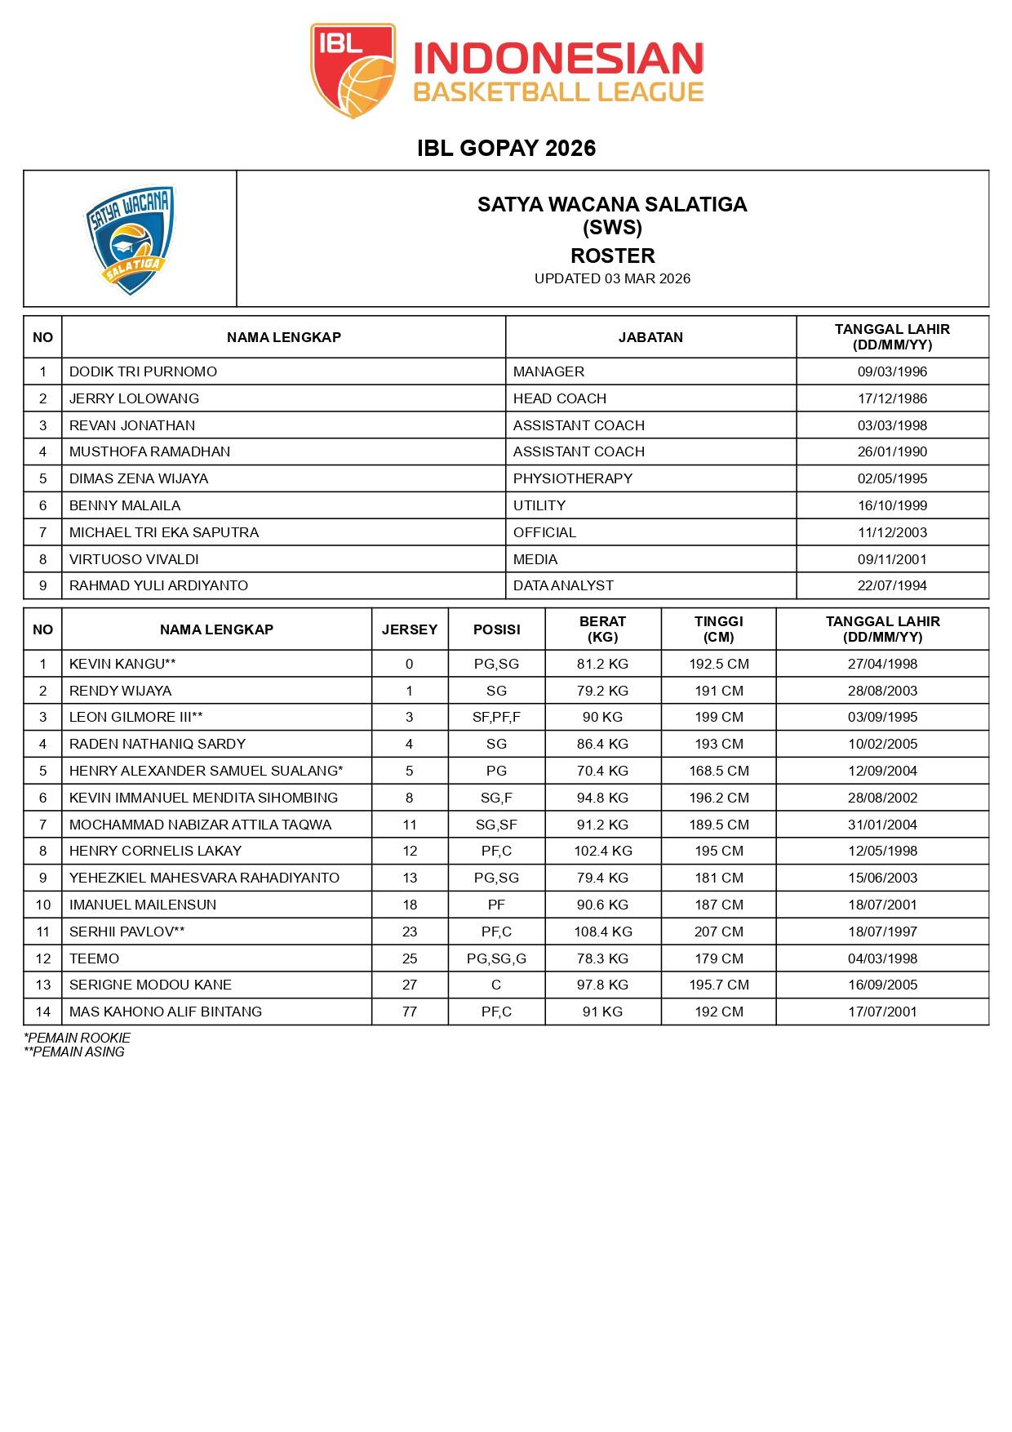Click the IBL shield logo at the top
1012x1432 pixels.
353,70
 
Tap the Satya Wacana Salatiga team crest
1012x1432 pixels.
130,239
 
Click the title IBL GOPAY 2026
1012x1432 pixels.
506,148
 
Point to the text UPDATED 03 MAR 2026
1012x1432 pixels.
612,278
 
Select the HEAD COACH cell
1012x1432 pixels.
560,398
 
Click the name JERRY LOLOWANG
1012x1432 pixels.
134,398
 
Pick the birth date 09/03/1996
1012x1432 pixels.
892,371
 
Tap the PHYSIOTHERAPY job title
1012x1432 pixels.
572,478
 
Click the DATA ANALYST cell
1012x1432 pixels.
563,585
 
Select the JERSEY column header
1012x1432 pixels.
410,629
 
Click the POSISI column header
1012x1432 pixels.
496,629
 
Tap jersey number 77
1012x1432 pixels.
410,1012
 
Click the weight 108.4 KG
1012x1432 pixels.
602,932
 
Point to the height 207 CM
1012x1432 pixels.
718,932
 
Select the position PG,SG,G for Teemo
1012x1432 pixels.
496,958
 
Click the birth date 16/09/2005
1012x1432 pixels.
882,985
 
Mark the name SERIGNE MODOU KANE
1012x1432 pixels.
150,985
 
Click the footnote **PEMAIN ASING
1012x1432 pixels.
74,1052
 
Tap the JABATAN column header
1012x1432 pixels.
650,337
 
